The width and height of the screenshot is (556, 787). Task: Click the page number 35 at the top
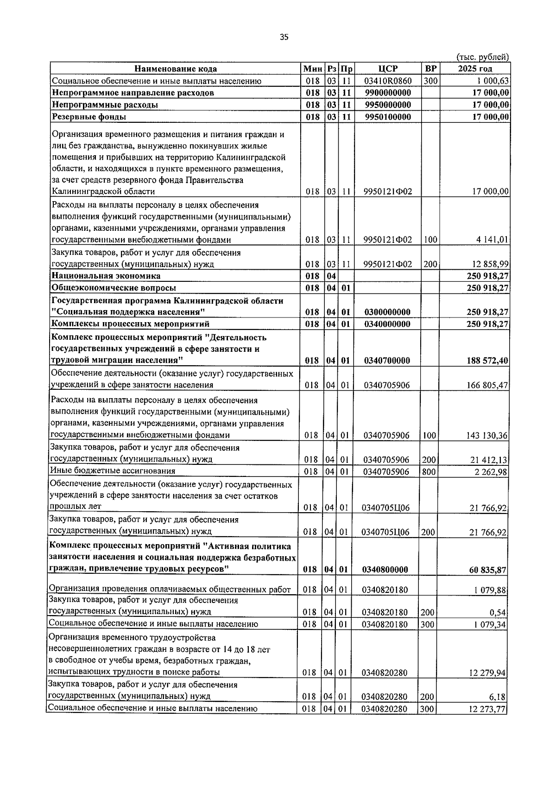[x=284, y=37]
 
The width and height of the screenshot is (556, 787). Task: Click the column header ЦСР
[x=387, y=69]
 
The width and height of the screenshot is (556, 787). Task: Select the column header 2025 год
[x=475, y=69]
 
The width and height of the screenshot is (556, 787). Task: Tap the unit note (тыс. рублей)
[x=483, y=57]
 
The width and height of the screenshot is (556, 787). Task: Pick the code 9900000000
[x=387, y=93]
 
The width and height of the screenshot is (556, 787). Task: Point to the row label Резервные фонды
[x=89, y=116]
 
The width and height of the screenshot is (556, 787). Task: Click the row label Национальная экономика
[x=106, y=276]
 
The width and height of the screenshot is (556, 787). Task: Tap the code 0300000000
[x=387, y=312]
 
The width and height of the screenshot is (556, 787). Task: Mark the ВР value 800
[x=429, y=471]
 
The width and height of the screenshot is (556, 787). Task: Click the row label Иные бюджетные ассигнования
[x=113, y=471]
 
